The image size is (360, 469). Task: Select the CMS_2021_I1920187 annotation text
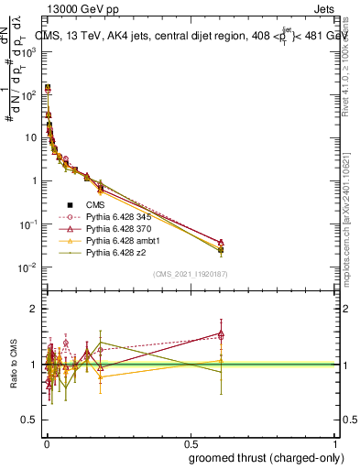(190, 274)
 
